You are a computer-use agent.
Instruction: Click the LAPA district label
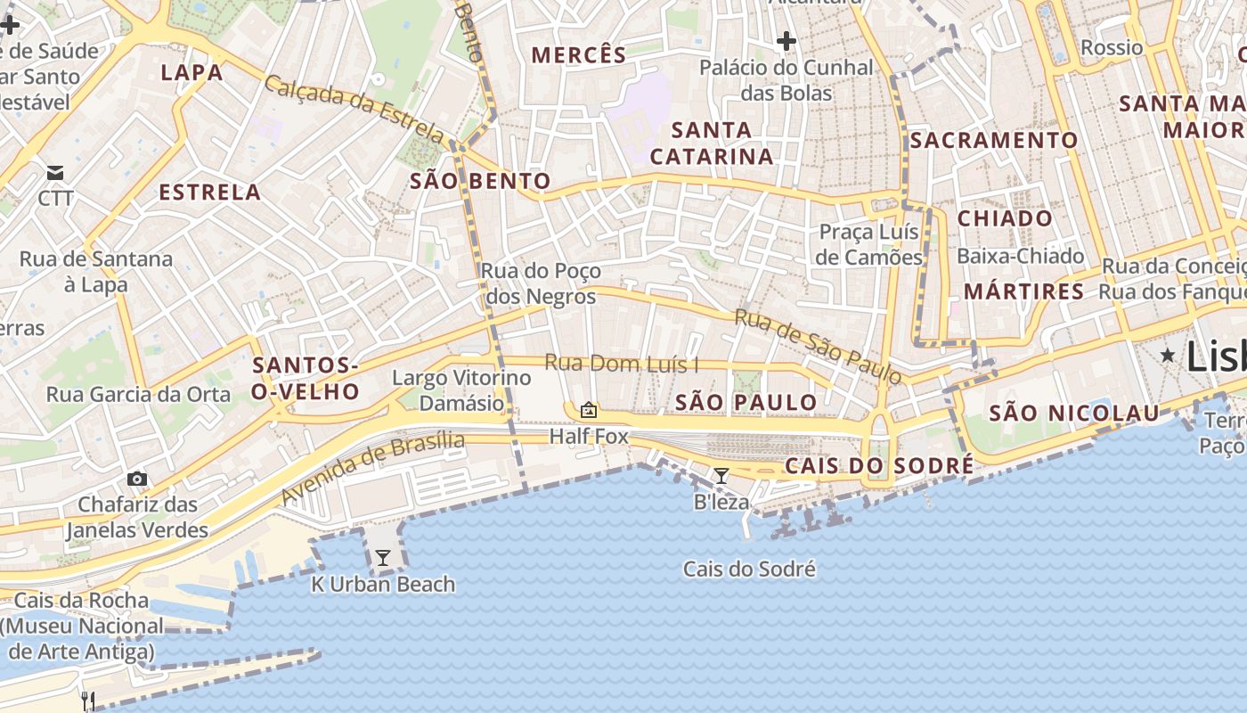point(192,72)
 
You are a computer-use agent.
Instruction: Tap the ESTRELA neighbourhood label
point(209,192)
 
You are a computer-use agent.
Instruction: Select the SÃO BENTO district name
point(480,182)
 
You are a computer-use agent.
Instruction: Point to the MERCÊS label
point(579,55)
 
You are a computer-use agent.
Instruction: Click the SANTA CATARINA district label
point(711,143)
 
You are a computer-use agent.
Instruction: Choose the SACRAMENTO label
point(993,140)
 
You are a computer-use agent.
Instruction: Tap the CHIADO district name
point(1005,218)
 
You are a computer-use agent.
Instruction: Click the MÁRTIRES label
point(1024,291)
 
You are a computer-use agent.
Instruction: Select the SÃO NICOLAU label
point(1074,413)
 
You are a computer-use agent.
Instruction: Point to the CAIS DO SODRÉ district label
point(878,466)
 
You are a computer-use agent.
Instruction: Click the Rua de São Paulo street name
point(819,346)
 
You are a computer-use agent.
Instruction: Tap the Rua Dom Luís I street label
point(621,364)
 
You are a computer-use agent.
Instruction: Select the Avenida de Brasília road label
point(373,468)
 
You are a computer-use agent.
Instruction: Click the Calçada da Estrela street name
point(354,110)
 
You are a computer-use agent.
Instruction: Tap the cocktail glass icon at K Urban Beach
point(383,558)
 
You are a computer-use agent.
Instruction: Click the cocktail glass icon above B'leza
point(721,476)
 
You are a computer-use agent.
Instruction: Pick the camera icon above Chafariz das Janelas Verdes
point(137,479)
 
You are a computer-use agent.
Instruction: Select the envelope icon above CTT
point(55,172)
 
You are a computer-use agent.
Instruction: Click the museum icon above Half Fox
point(588,410)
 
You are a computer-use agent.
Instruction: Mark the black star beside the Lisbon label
point(1167,356)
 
